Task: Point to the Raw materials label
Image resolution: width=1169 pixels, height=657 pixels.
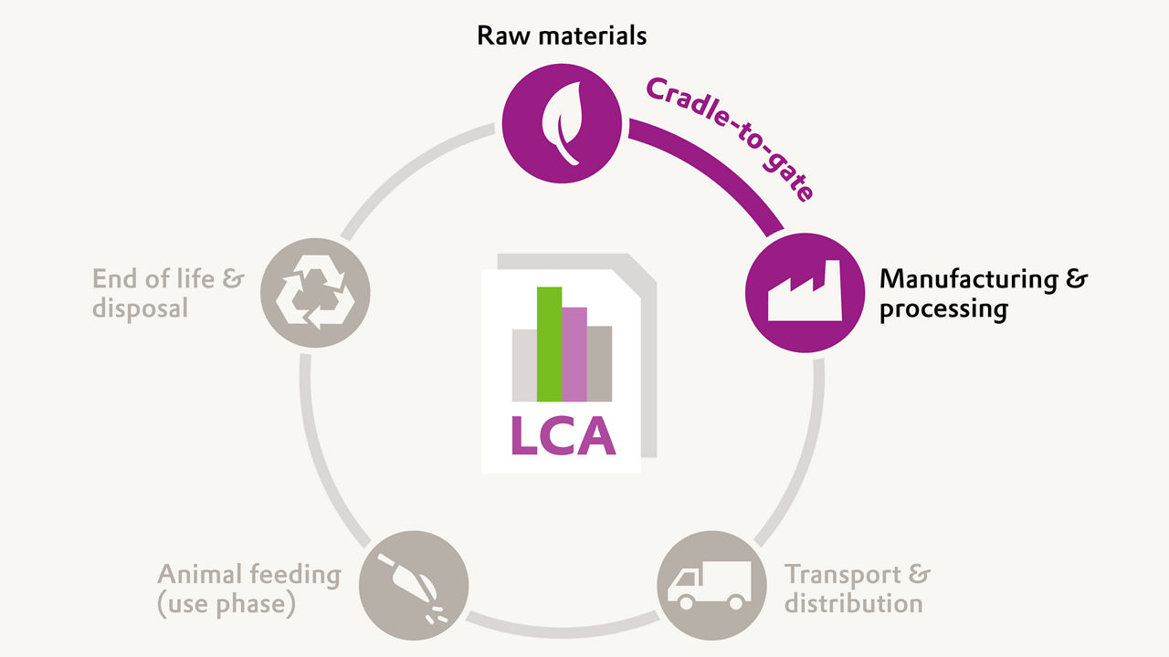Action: [562, 36]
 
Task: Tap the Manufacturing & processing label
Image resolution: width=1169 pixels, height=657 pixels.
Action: [983, 294]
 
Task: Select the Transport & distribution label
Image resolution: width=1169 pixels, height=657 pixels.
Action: [857, 589]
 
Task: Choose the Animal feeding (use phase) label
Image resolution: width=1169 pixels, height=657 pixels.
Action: [248, 589]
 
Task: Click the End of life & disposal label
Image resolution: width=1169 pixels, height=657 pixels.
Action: [168, 293]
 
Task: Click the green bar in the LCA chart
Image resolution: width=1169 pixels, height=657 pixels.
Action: [549, 344]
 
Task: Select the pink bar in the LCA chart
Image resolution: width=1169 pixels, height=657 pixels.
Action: [574, 354]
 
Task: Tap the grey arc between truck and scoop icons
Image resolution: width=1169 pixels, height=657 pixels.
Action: [562, 626]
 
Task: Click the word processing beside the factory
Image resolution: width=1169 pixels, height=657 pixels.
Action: [943, 309]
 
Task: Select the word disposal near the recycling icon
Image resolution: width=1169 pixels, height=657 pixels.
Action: [140, 308]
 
